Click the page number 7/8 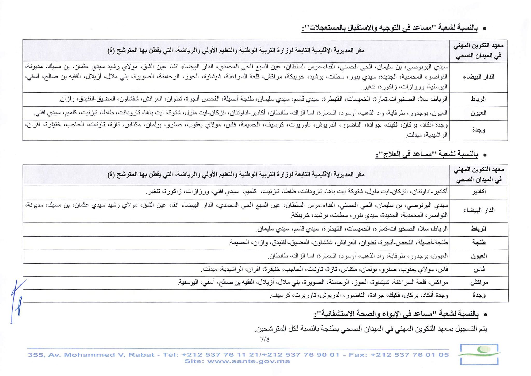(265, 339)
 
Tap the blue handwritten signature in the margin (17, 301)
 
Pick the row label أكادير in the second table (479, 192)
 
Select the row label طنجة (479, 242)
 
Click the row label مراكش (479, 283)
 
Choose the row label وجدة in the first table (479, 130)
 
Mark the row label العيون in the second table (479, 256)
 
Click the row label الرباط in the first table (479, 99)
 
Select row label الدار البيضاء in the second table (479, 210)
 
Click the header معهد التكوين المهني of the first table (479, 51)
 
